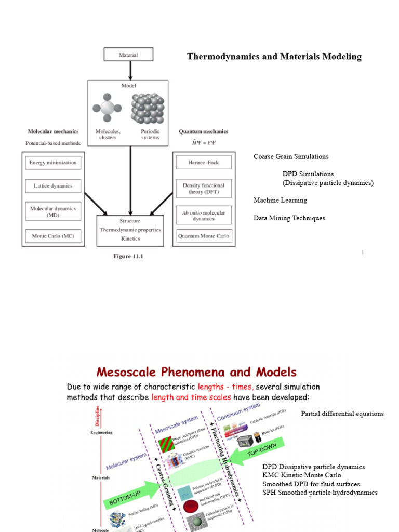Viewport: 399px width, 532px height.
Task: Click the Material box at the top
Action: click(129, 55)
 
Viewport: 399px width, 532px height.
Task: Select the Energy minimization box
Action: click(52, 163)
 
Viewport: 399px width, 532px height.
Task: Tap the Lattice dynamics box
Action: click(52, 186)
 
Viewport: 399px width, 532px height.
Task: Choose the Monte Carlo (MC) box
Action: click(52, 236)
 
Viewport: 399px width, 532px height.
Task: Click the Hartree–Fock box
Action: click(204, 163)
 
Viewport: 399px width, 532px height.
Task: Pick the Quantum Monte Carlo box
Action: click(204, 236)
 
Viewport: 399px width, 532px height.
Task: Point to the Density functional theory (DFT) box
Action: click(204, 189)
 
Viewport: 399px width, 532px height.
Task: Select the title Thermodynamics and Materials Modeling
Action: click(274, 57)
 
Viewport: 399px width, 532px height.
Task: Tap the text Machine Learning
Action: click(280, 200)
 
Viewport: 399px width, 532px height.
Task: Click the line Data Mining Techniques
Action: click(289, 218)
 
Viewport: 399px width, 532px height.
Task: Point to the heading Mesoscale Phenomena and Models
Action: click(196, 372)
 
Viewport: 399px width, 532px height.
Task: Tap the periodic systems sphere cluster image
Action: click(147, 109)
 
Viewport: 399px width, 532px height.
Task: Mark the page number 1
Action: click(363, 252)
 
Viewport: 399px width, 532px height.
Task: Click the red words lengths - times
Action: click(224, 387)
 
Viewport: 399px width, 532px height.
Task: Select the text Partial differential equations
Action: click(342, 414)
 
